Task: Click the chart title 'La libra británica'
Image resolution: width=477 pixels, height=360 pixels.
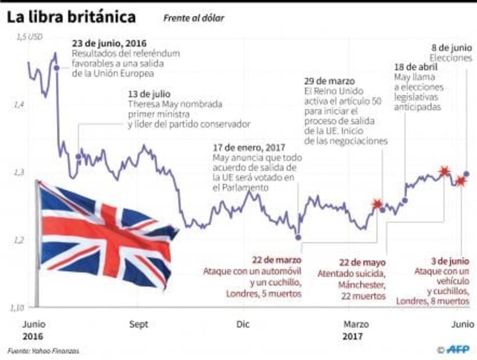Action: [x=71, y=17]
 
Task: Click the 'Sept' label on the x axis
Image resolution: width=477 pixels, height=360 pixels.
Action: [x=138, y=324]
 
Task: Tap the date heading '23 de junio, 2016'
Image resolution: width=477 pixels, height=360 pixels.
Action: [x=109, y=44]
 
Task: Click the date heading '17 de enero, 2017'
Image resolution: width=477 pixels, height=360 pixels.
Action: [x=248, y=148]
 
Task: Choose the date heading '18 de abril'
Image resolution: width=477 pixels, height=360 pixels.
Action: [x=415, y=67]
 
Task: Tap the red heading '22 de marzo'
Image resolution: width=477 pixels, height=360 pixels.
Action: [x=276, y=260]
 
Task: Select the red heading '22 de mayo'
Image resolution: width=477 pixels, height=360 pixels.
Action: [x=362, y=262]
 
